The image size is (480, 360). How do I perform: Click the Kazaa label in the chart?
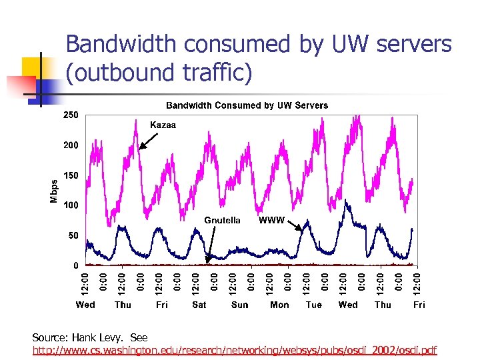[163, 125]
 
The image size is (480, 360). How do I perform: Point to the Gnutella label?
[222, 220]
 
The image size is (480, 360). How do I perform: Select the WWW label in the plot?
[271, 220]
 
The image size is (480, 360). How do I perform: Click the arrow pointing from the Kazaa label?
[149, 139]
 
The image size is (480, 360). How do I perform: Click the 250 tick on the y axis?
[71, 115]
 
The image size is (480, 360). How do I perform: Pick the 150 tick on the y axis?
[71, 175]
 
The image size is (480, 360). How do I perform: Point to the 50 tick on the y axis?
[73, 235]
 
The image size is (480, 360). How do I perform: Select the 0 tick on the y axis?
[75, 265]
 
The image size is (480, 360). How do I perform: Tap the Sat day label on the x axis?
[199, 305]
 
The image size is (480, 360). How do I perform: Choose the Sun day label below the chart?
[239, 305]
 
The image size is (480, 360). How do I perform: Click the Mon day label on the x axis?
[279, 305]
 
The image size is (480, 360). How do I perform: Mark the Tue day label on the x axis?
[313, 305]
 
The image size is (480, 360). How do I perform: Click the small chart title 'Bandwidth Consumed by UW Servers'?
[247, 105]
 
